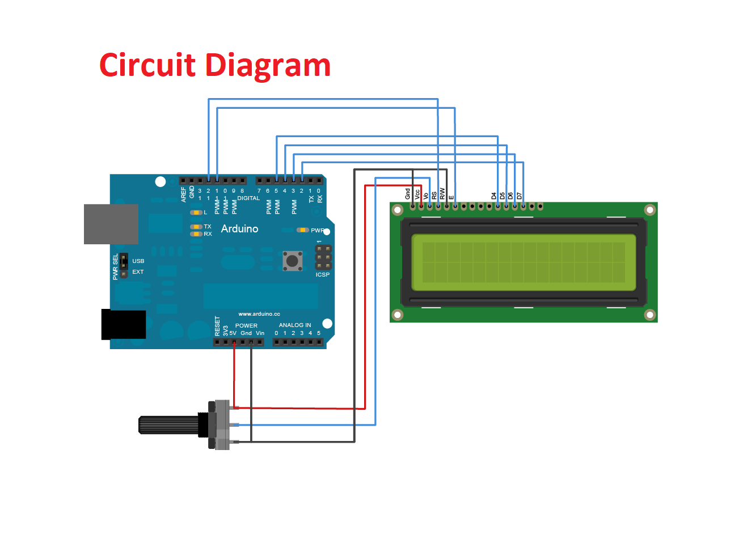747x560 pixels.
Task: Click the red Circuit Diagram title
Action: pyautogui.click(x=215, y=65)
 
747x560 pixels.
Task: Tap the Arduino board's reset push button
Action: pyautogui.click(x=292, y=261)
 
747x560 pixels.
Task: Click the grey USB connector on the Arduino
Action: pyautogui.click(x=111, y=224)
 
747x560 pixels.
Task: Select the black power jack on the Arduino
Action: pyautogui.click(x=124, y=324)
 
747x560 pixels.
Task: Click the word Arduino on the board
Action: pyautogui.click(x=239, y=228)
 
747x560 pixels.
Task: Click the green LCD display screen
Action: pyautogui.click(x=524, y=262)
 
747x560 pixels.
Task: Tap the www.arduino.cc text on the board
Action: pyautogui.click(x=259, y=313)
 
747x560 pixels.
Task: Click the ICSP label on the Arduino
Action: pyautogui.click(x=322, y=274)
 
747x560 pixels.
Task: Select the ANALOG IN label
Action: pyautogui.click(x=294, y=325)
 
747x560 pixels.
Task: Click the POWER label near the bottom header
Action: pyautogui.click(x=246, y=325)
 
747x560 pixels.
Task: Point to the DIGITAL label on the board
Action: pyautogui.click(x=248, y=198)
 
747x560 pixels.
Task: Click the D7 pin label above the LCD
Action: pyautogui.click(x=519, y=196)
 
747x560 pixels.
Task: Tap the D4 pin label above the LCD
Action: pyautogui.click(x=493, y=196)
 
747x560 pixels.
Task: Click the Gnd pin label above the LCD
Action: pyautogui.click(x=407, y=193)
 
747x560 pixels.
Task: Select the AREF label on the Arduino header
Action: pyautogui.click(x=183, y=194)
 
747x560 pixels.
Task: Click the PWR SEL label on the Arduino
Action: pyautogui.click(x=116, y=266)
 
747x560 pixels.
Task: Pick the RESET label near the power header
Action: pyautogui.click(x=217, y=326)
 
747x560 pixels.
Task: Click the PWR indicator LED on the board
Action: pyautogui.click(x=303, y=230)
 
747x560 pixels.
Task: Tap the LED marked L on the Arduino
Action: pyautogui.click(x=196, y=213)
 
